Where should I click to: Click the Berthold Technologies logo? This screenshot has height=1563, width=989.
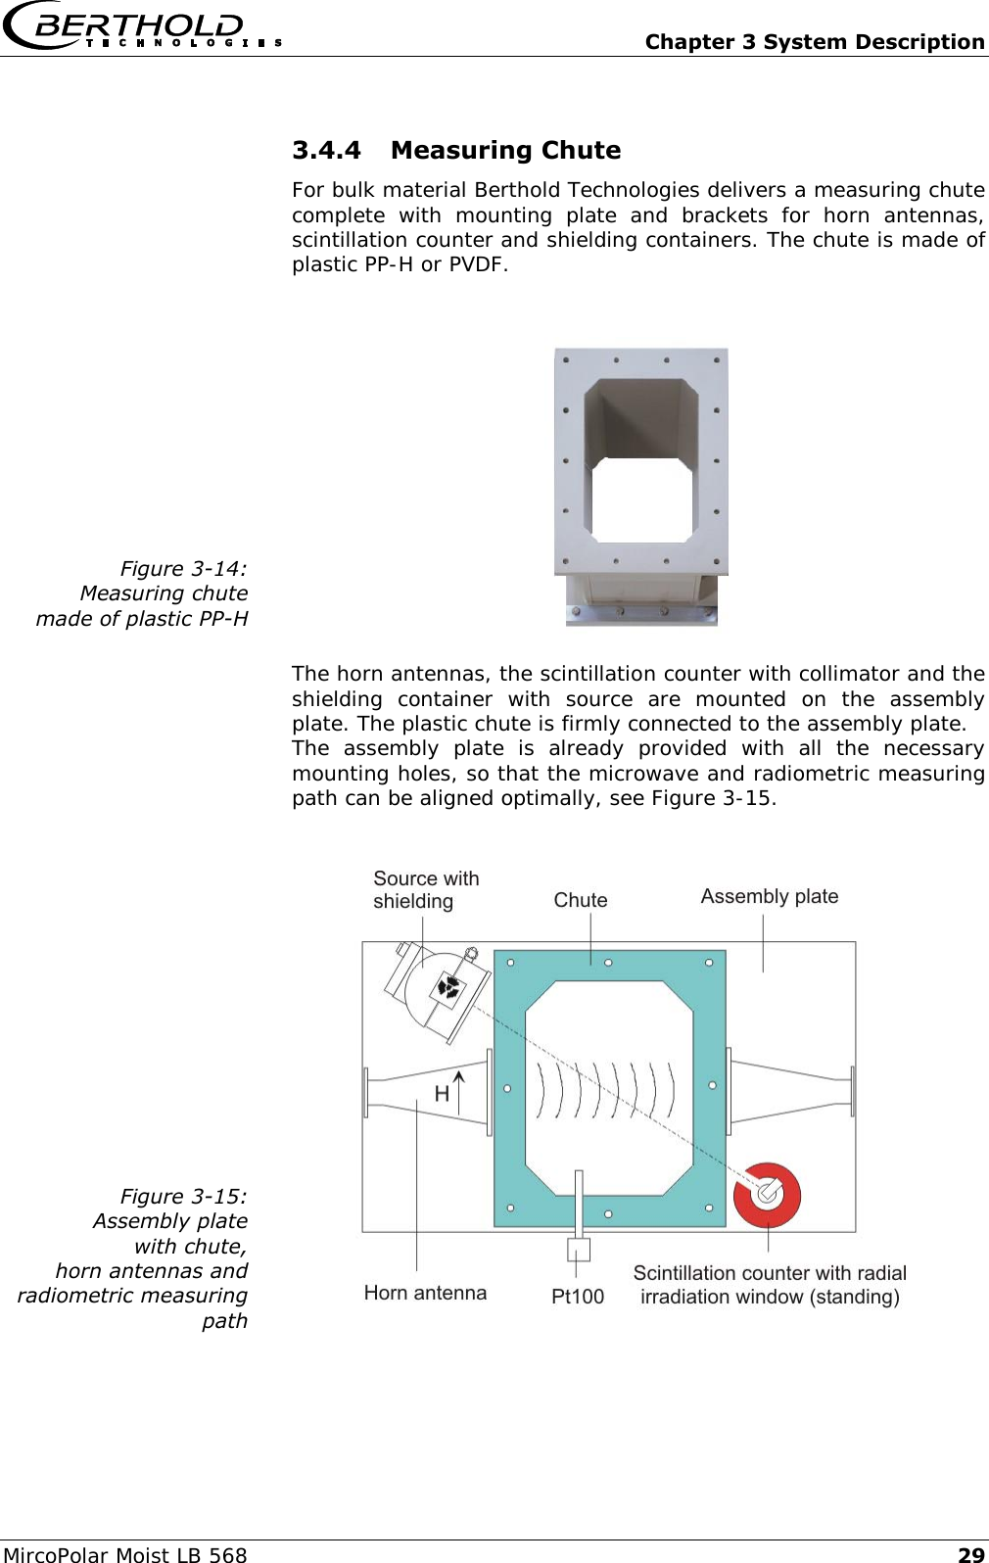click(x=142, y=28)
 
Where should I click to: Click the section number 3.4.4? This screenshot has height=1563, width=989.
click(x=326, y=151)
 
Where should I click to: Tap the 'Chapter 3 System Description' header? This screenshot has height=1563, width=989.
click(x=814, y=42)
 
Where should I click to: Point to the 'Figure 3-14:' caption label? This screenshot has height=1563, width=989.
click(x=183, y=569)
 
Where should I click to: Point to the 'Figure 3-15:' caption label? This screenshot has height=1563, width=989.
click(x=183, y=1197)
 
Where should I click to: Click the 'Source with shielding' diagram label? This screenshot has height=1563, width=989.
click(x=426, y=890)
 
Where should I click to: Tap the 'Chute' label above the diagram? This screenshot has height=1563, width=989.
click(x=581, y=900)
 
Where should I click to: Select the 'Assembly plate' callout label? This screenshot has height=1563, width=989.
click(x=770, y=896)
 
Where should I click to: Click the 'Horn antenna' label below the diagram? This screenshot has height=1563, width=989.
click(x=425, y=1293)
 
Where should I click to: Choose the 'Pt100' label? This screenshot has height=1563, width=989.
click(x=578, y=1297)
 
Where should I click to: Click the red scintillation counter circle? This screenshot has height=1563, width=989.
click(x=768, y=1194)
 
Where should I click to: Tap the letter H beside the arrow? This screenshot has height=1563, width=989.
click(x=442, y=1094)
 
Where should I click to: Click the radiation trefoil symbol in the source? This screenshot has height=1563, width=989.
click(x=449, y=987)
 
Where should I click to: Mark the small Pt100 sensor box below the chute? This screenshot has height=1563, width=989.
click(x=579, y=1250)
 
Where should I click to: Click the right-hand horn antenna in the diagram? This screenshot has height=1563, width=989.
click(x=791, y=1090)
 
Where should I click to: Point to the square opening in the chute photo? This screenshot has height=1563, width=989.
click(x=642, y=499)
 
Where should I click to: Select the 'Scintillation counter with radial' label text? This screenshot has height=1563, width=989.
click(x=770, y=1273)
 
